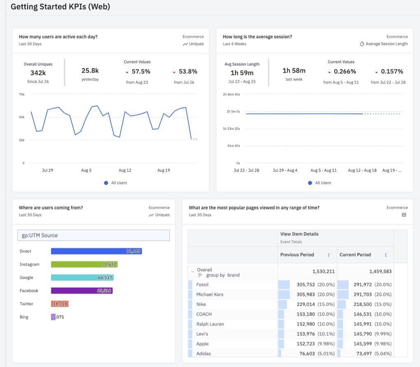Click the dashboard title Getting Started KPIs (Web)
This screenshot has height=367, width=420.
tap(60, 7)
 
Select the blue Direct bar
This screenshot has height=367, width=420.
tap(96, 251)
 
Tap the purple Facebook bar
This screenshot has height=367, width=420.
tap(81, 291)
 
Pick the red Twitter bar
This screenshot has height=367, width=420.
tap(60, 304)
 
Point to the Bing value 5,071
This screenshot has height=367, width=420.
tap(58, 317)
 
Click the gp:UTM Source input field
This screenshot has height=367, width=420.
tap(94, 235)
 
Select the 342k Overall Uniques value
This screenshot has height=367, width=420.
tap(38, 73)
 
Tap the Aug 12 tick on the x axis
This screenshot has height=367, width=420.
tap(125, 170)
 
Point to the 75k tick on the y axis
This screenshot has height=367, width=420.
tap(22, 94)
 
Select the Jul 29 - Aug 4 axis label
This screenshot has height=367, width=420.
tap(285, 170)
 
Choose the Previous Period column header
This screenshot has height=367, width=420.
tap(297, 255)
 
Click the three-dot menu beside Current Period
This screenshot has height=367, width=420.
tap(385, 255)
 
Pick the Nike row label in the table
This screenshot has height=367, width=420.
tap(201, 304)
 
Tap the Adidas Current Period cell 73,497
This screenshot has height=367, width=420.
tap(373, 353)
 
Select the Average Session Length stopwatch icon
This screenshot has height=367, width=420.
tap(362, 44)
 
